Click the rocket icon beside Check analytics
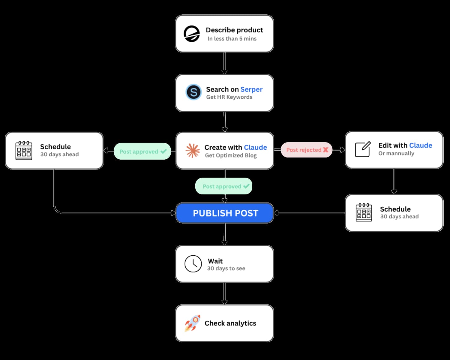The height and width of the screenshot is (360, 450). click(x=192, y=323)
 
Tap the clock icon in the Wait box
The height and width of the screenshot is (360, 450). click(x=193, y=264)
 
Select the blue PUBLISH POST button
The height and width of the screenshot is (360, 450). click(x=225, y=213)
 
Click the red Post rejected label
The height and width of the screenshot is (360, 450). click(x=307, y=150)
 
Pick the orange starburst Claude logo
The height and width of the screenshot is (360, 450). click(x=193, y=150)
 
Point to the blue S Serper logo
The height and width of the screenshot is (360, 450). click(x=193, y=92)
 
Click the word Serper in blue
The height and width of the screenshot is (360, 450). click(x=251, y=89)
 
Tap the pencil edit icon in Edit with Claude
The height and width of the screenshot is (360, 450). click(x=363, y=149)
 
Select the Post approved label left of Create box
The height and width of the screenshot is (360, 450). click(x=142, y=151)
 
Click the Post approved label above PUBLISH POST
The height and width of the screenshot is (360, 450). click(x=224, y=186)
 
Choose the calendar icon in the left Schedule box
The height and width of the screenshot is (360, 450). click(x=24, y=150)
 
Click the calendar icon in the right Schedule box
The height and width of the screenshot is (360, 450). click(x=364, y=212)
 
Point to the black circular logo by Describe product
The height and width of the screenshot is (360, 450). click(x=192, y=34)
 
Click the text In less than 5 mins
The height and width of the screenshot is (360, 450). click(x=232, y=39)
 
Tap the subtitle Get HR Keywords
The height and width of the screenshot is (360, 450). click(x=229, y=97)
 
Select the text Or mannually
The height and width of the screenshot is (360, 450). click(x=396, y=153)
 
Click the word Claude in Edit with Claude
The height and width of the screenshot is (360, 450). click(x=421, y=145)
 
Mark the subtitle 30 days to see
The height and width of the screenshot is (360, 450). click(x=226, y=268)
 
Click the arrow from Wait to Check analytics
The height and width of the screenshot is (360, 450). click(x=224, y=293)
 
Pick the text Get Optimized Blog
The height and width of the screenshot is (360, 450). click(x=231, y=155)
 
